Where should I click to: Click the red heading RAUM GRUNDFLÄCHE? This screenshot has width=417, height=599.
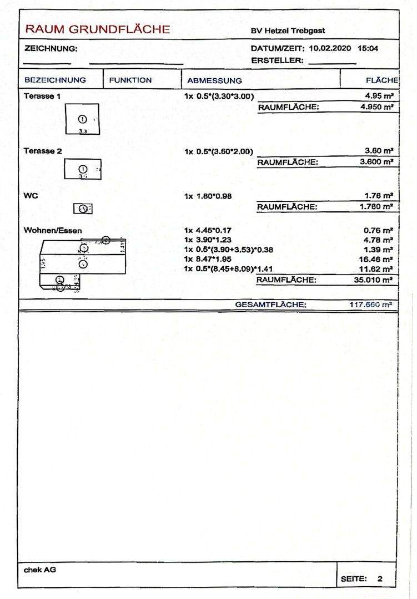coord(98,29)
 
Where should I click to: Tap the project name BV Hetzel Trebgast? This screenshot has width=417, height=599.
coord(288,31)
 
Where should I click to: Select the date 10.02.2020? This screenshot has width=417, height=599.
coord(330,49)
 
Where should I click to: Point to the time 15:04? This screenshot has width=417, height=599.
coord(368,49)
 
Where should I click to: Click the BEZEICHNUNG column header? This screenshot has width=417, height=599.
coord(55,80)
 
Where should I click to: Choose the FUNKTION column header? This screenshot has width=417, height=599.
coord(130,80)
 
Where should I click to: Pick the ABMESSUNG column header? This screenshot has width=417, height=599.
coord(214,80)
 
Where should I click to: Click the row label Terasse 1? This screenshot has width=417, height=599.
coord(42,96)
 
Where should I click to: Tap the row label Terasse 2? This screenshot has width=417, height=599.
coord(42,150)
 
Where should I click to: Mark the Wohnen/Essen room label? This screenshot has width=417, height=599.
coord(53,230)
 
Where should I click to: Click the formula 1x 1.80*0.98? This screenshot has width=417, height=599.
coord(214,196)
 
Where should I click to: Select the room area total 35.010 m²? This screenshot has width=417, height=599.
coord(374,280)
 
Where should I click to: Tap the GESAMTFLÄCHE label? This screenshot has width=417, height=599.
coord(270,304)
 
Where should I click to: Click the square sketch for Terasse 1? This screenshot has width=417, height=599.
coord(82,119)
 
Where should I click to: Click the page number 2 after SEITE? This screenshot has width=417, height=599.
coord(380,579)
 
